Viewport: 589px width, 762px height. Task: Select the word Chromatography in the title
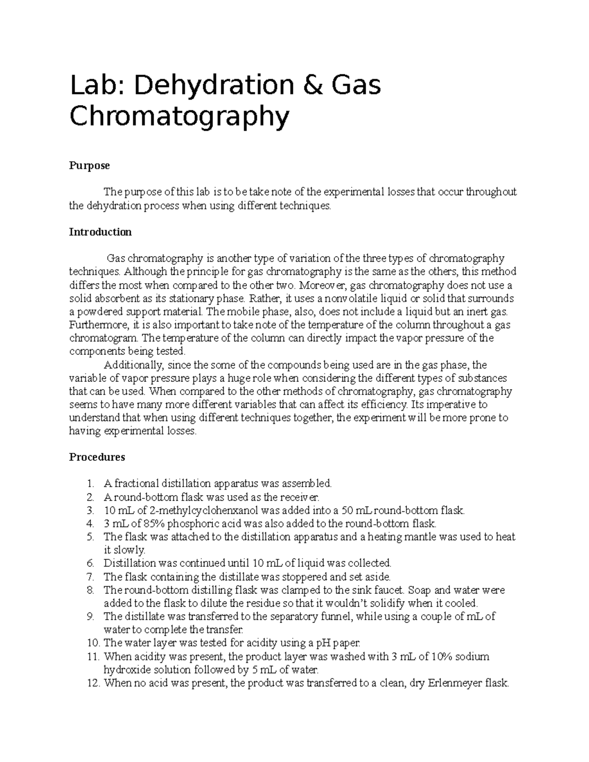179,118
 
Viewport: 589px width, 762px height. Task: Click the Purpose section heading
89,166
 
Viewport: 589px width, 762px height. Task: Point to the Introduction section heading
100,232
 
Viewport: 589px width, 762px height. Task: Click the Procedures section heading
97,457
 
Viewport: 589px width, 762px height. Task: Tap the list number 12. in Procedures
93,683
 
